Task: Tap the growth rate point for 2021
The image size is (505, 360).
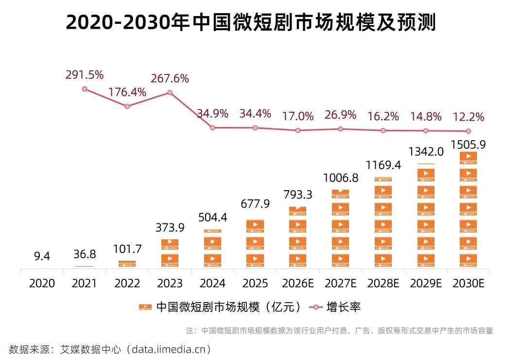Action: (85, 89)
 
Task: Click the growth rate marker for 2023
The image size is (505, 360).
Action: (170, 92)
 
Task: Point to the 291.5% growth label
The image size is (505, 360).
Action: (85, 75)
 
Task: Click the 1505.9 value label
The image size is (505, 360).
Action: (468, 144)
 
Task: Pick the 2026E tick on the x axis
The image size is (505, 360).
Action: (297, 283)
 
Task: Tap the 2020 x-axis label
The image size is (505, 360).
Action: (42, 283)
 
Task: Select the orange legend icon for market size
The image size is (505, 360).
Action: (145, 307)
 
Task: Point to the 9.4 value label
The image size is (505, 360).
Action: (42, 256)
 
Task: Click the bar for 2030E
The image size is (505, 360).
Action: (468, 209)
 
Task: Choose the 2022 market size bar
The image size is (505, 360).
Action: (127, 264)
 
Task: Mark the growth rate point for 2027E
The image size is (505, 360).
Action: (340, 129)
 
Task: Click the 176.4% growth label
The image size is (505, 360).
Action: (127, 92)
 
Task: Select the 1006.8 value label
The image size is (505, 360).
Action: (340, 178)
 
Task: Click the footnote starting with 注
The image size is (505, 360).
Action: (339, 331)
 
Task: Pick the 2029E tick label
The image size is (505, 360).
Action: (425, 283)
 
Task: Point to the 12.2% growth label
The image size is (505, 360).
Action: (468, 117)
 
